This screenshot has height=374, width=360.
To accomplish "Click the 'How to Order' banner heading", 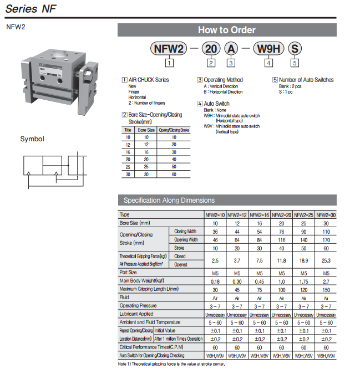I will point(227,30).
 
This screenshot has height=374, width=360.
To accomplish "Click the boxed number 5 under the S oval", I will point(295,63).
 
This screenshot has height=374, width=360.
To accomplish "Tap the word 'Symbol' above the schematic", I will point(32,139).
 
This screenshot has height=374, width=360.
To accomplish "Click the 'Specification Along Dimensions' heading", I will point(169,201).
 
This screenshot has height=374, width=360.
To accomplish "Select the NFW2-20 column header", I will point(281,215).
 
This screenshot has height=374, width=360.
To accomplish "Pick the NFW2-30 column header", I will point(326,215).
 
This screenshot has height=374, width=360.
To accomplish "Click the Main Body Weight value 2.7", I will point(326,281).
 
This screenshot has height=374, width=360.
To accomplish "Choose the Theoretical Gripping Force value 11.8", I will point(281,260).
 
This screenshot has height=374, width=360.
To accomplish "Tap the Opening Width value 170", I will point(326,240).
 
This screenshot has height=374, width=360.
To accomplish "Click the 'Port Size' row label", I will point(129,273).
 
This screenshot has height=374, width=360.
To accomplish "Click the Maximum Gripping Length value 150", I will point(326,289).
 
